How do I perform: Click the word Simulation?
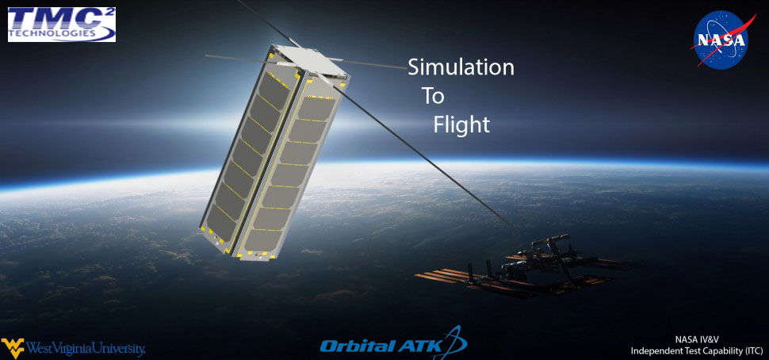pos(461,67)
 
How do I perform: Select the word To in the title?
pos(434,96)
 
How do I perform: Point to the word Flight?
pos(461,125)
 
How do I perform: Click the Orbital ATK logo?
pos(393,343)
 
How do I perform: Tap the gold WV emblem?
pos(13,347)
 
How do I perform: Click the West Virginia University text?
pos(86,350)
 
